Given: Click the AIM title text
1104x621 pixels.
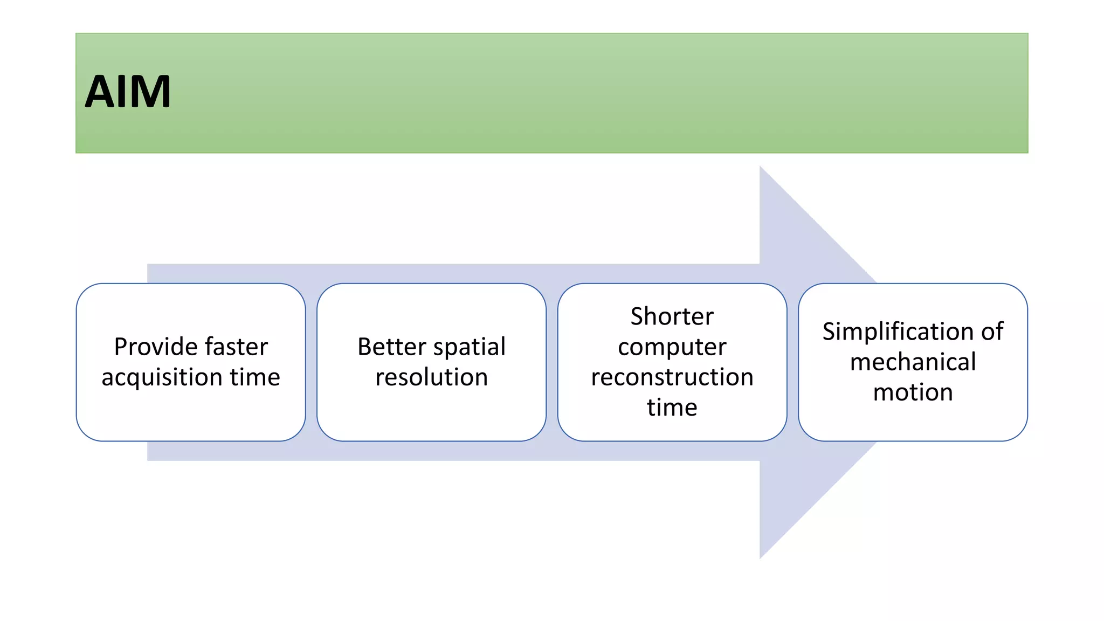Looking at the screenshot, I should pos(128,92).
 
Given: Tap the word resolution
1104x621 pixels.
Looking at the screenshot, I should pos(431,377).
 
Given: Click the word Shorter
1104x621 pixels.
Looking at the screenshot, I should pos(672,316).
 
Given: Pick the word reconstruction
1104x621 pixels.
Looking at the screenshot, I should pos(672,377).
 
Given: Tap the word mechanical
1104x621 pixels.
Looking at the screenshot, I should pos(913,362).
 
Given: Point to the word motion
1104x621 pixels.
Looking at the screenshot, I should pos(913,392).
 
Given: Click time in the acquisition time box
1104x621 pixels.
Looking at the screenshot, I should pos(255,377).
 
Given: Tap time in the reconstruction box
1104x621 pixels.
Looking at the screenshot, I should pos(672,408).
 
